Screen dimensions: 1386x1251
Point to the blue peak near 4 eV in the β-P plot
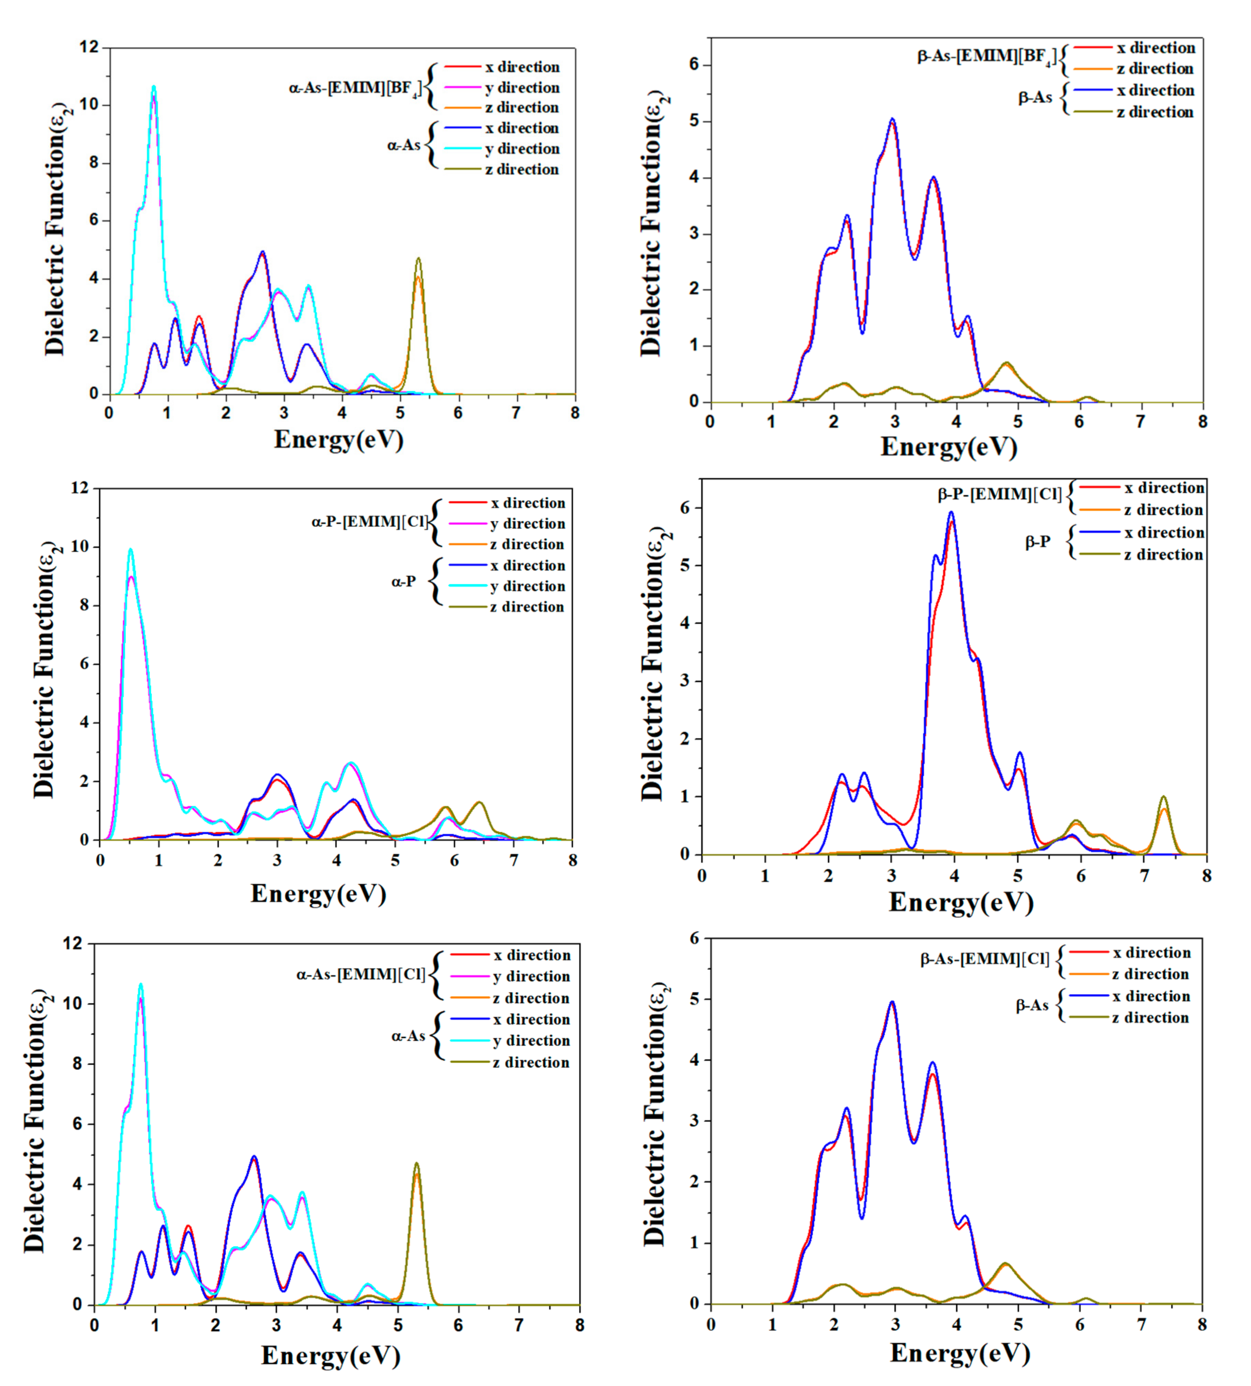tap(951, 513)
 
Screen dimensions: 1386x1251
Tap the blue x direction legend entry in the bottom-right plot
tap(1151, 996)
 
